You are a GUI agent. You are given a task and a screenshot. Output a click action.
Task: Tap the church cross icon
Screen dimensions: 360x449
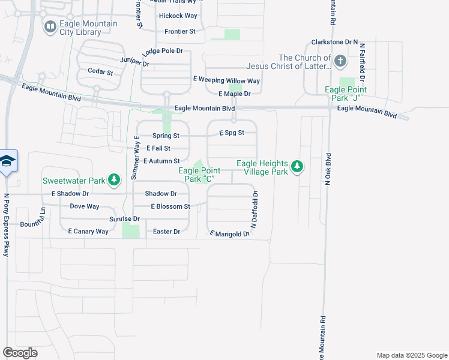pos(340,61)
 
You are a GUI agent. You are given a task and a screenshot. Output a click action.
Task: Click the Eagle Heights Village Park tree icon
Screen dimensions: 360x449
pos(297,167)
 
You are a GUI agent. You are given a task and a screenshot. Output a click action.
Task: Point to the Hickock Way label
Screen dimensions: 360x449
pos(178,16)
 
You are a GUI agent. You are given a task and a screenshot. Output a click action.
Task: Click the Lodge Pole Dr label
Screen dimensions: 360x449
pos(163,51)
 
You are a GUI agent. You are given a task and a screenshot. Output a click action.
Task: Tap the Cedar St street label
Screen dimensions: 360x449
pos(100,72)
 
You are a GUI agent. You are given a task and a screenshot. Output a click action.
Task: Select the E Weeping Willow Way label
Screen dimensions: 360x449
pos(226,80)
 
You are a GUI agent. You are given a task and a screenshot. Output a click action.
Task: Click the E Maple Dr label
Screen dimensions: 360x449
pos(234,94)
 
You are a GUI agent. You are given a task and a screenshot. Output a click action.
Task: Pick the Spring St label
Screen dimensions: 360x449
pos(166,136)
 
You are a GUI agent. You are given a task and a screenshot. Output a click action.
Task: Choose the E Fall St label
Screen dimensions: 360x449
pos(158,148)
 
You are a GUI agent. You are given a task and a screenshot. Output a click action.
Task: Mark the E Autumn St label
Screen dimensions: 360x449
pos(161,161)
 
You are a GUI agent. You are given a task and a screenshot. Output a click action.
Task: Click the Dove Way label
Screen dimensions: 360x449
pos(85,206)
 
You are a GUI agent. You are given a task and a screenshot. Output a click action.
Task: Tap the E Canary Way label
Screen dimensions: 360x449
pos(88,231)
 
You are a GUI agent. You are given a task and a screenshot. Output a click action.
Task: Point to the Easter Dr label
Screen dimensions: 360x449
pos(167,231)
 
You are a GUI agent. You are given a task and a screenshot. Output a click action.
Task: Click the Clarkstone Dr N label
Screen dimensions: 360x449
pos(334,43)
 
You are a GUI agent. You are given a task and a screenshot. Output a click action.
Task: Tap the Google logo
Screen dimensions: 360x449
pos(20,353)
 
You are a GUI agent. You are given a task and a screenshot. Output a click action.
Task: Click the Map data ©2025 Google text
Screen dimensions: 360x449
pos(411,355)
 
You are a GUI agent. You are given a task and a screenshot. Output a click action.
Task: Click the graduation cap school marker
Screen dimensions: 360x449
pos(7,161)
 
